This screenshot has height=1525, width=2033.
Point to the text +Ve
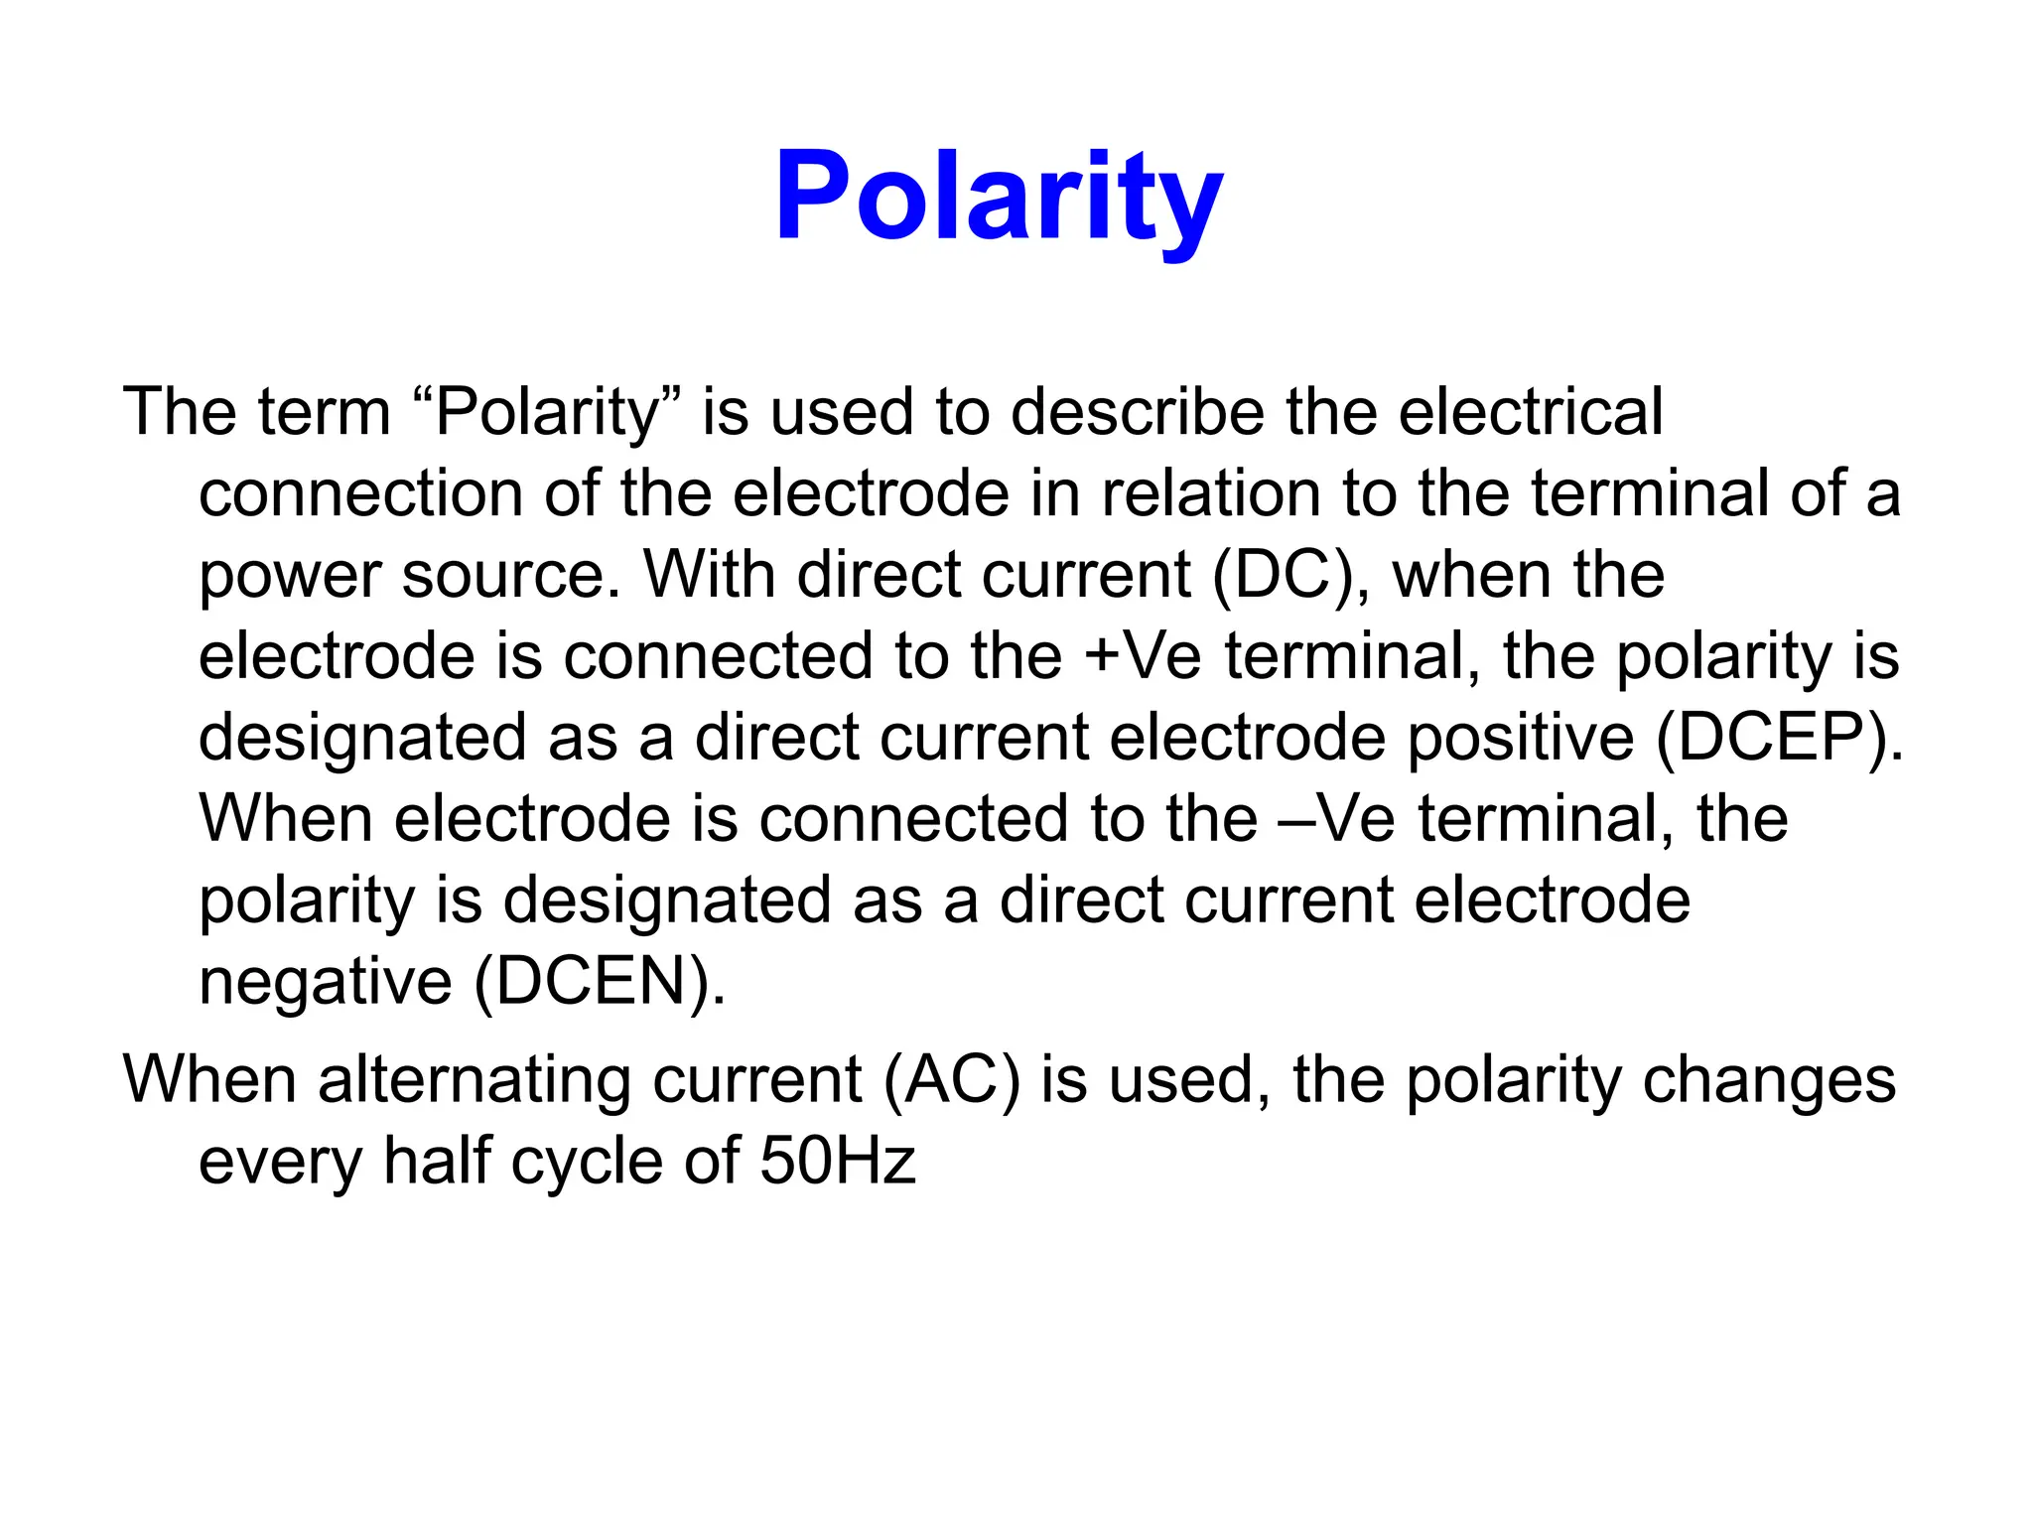[x=1142, y=656]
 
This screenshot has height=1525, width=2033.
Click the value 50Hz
[x=837, y=1161]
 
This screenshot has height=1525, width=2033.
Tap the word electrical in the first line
[x=1530, y=412]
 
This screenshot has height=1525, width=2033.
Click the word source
[x=510, y=575]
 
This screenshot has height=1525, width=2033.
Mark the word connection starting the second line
[x=360, y=493]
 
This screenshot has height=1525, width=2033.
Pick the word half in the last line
[x=438, y=1161]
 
